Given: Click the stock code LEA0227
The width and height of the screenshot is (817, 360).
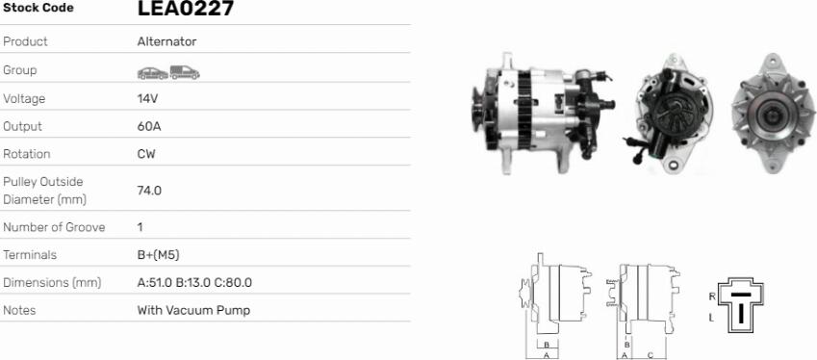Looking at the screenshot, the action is [x=186, y=8].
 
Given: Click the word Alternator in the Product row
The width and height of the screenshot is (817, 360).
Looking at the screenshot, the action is [x=166, y=41].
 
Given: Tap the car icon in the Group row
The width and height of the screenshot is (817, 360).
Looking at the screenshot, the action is [x=153, y=73].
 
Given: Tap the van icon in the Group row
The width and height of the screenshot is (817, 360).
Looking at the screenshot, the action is [x=185, y=72].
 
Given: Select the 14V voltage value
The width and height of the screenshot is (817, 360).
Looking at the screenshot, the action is [x=147, y=98].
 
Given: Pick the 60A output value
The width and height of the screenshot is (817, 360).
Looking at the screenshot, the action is [x=149, y=126].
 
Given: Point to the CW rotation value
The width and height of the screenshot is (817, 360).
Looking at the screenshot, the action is [x=146, y=154].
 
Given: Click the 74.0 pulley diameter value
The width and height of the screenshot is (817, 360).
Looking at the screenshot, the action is [x=149, y=191].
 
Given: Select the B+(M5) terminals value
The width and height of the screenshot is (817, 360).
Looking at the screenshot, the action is [x=159, y=255].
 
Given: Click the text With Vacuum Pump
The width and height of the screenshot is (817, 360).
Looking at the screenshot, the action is [x=193, y=311].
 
